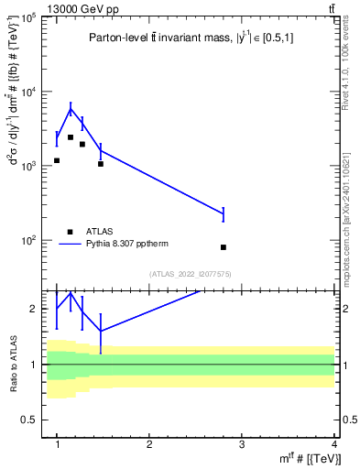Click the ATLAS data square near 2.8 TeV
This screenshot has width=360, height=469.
[x=224, y=247]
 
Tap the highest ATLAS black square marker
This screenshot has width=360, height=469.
[x=71, y=137]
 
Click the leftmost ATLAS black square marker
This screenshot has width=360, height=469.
[x=57, y=160]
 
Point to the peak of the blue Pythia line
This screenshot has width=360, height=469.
[x=71, y=109]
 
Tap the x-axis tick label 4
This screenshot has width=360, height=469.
[x=334, y=444]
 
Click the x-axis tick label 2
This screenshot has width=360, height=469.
[x=149, y=444]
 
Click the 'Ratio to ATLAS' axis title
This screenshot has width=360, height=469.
[x=12, y=364]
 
